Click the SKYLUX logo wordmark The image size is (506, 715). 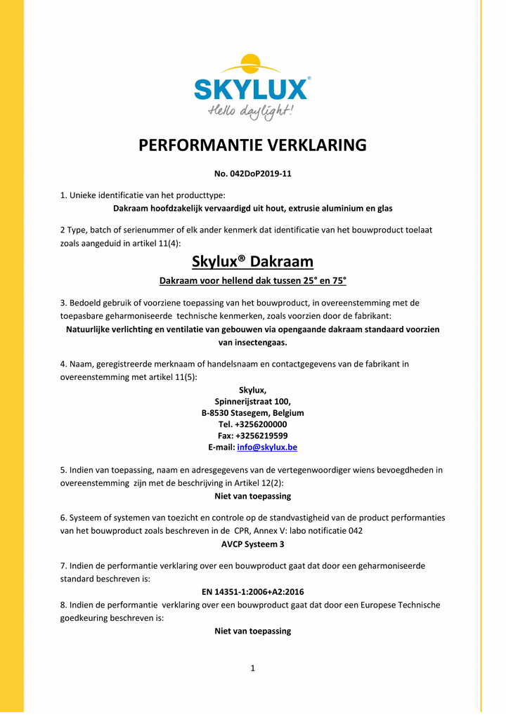(251, 90)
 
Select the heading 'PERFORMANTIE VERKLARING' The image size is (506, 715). (253, 145)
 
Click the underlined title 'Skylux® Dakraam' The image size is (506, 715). (253, 262)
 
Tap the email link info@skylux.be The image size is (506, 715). (267, 447)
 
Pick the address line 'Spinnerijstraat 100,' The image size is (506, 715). (253, 402)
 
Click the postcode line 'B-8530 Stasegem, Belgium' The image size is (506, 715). (253, 413)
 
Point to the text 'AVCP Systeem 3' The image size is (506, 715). (253, 544)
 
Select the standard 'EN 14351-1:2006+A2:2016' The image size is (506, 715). (253, 592)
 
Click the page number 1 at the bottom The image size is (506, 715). (253, 668)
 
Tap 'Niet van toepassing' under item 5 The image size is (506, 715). (253, 496)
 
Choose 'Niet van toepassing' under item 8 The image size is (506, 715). (253, 631)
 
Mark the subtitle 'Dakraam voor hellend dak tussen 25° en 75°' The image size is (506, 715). (253, 281)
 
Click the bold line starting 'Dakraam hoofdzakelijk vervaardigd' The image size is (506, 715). (253, 208)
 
